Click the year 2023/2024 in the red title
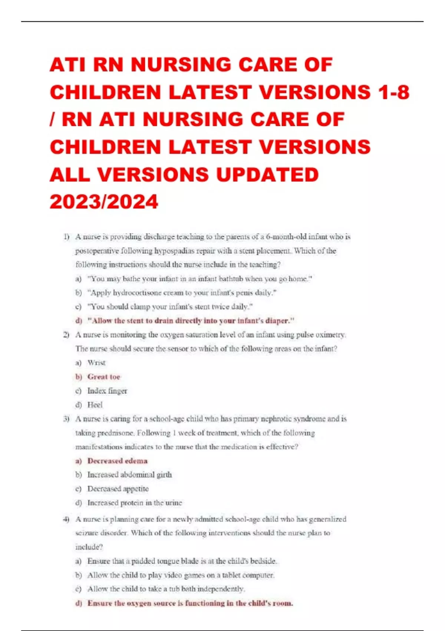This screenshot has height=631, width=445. tap(104, 202)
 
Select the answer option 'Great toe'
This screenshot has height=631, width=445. tap(103, 377)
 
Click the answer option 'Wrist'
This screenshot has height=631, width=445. tap(96, 363)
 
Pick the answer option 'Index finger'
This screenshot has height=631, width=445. tap(107, 391)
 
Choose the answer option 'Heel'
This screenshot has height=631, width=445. tap(95, 405)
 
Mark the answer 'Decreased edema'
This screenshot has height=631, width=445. tap(117, 461)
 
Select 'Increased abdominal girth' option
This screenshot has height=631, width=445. tap(129, 475)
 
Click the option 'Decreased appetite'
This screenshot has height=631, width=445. tap(118, 489)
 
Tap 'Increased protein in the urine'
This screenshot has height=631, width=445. tap(135, 503)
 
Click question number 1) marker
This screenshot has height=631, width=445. tap(66, 237)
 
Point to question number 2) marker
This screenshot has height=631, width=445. tap(66, 335)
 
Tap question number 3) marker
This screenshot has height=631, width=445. tap(66, 419)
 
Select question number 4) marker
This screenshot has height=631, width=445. tap(66, 519)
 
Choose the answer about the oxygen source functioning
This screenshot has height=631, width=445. tap(190, 603)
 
